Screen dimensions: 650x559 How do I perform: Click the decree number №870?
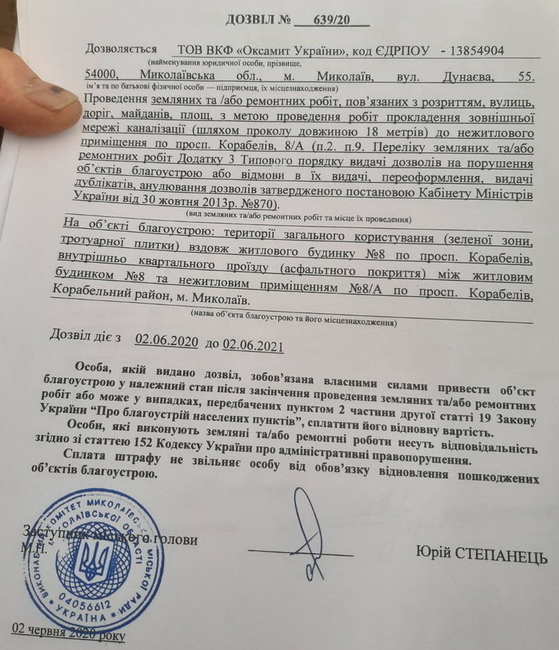click(256, 203)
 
